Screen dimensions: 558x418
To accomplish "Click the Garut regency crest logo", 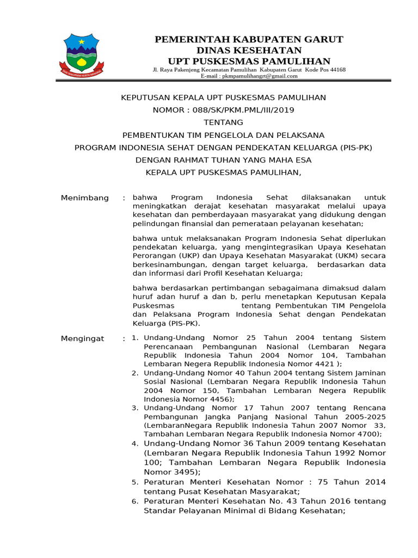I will tap(84, 55).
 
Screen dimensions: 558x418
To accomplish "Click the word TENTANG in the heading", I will tap(223, 123).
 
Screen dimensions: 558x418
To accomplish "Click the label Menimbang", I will tap(84, 198).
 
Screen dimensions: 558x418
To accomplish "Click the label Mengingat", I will tap(82, 339).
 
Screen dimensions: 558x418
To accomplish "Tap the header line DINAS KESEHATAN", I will tap(249, 50).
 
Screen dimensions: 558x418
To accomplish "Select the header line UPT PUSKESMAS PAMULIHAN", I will tap(249, 60).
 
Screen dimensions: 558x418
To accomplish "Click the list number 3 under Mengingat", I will tap(135, 408).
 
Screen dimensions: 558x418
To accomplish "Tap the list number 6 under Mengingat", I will tap(135, 501).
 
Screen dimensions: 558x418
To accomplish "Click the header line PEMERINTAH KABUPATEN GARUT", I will tap(249, 39).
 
